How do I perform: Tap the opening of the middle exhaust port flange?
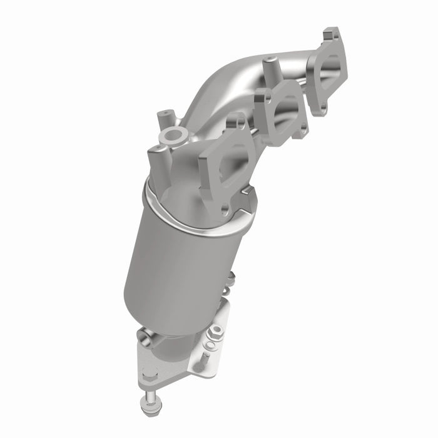284,113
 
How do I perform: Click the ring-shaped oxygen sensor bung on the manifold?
173,135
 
